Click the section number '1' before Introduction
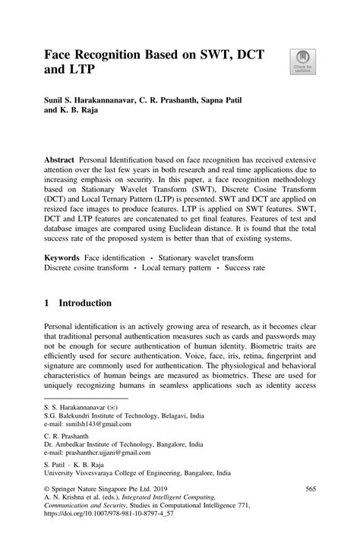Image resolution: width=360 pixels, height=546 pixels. [x=47, y=303]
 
